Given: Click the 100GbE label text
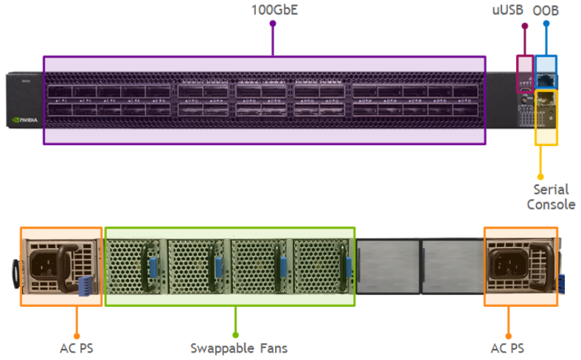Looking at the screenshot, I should tap(273, 10).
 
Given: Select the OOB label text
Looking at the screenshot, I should tap(546, 10).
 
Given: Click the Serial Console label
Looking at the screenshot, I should tap(550, 197).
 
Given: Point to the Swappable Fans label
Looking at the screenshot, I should tap(238, 347).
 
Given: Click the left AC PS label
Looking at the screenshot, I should tap(76, 347).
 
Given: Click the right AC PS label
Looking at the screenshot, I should tap(507, 347).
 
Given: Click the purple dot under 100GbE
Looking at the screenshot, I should tap(273, 24).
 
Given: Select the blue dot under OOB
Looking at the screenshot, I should tap(546, 24).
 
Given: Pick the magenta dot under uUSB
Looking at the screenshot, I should tap(524, 27).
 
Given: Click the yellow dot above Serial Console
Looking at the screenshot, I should tap(540, 176).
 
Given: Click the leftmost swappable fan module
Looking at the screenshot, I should tap(136, 266).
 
